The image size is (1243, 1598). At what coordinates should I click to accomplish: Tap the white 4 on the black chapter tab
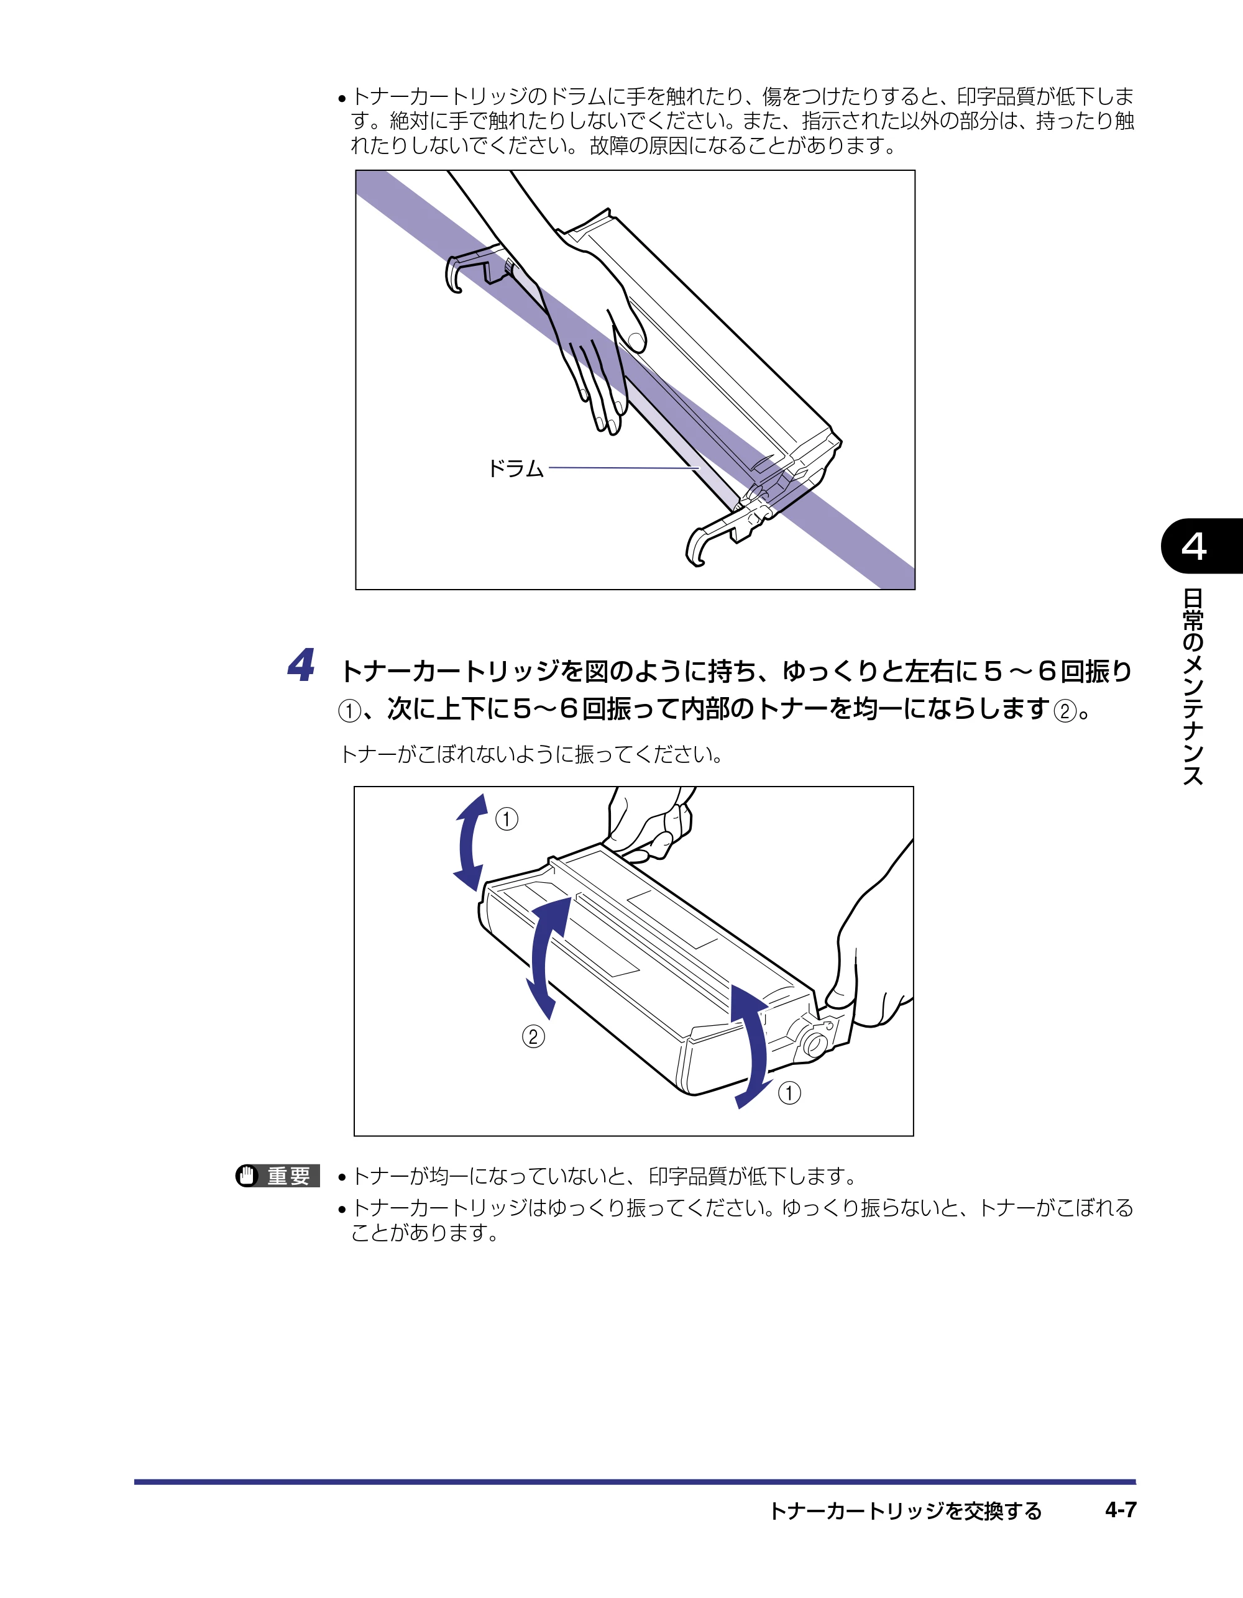pos(1193,546)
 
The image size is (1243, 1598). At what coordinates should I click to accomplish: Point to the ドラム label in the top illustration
pos(516,468)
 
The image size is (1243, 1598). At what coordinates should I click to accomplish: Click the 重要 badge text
pos(289,1176)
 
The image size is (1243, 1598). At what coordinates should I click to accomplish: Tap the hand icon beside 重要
pos(248,1176)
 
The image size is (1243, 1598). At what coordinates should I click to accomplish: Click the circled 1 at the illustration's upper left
pos(507,818)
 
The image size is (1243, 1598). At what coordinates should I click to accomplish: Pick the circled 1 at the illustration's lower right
pos(789,1093)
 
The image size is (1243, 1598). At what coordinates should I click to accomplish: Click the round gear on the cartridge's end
pos(814,1043)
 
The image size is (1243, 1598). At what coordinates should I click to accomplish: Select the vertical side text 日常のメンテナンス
pos(1193,687)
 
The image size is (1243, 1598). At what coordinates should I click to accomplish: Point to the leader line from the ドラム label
pos(624,468)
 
